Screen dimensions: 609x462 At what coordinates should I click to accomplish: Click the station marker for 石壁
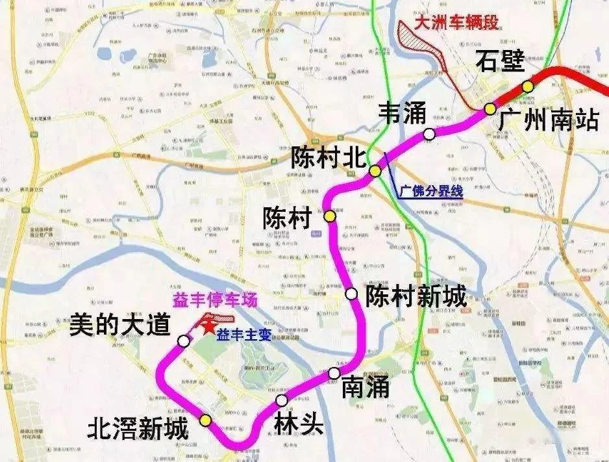point(528,86)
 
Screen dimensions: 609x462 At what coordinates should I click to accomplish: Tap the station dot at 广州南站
point(490,109)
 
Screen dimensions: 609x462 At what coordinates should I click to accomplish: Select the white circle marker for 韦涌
point(429,135)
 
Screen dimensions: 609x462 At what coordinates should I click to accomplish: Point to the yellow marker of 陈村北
point(375,171)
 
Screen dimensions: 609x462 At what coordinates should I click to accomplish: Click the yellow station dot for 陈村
point(330,216)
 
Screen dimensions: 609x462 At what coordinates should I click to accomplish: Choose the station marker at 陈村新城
point(352,294)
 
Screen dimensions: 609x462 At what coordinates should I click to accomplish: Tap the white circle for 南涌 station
point(334,373)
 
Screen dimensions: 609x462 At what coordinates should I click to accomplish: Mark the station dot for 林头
point(281,400)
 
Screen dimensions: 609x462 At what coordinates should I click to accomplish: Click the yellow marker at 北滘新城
point(206,420)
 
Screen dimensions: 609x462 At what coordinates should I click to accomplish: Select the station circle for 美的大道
point(185,340)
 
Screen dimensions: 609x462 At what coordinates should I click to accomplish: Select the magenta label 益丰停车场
point(214,300)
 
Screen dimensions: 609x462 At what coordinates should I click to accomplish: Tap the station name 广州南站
point(549,121)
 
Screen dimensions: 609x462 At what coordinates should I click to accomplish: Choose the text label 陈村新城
point(416,297)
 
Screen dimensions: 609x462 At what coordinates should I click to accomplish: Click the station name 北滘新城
point(139,429)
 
